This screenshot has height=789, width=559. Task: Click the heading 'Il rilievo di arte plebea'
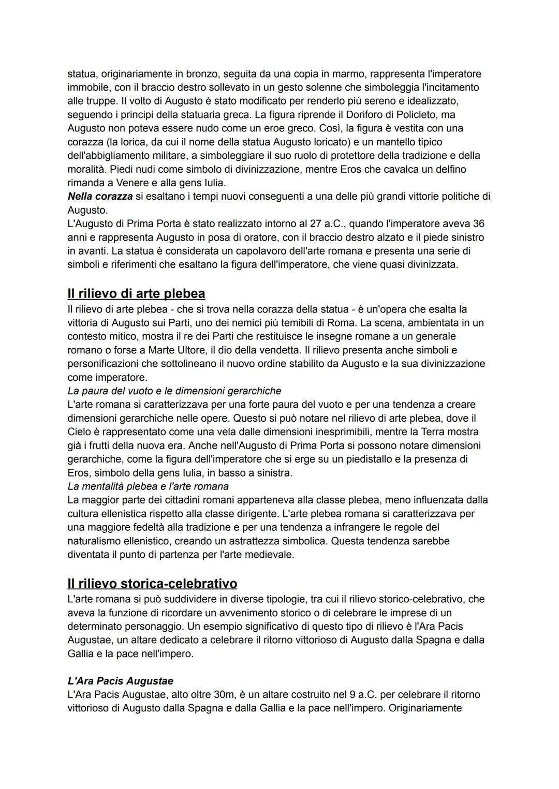[x=136, y=294]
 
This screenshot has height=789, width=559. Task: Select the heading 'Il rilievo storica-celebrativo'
[x=152, y=584]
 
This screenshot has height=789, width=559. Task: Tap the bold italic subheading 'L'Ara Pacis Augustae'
[x=120, y=681]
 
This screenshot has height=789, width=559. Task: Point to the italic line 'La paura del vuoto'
[x=174, y=391]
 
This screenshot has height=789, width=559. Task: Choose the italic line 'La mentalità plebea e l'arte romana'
[x=148, y=486]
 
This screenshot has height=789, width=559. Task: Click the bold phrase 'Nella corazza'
[x=100, y=197]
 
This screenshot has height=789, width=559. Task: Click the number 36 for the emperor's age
[x=478, y=224]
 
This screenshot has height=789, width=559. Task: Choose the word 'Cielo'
[x=79, y=431]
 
